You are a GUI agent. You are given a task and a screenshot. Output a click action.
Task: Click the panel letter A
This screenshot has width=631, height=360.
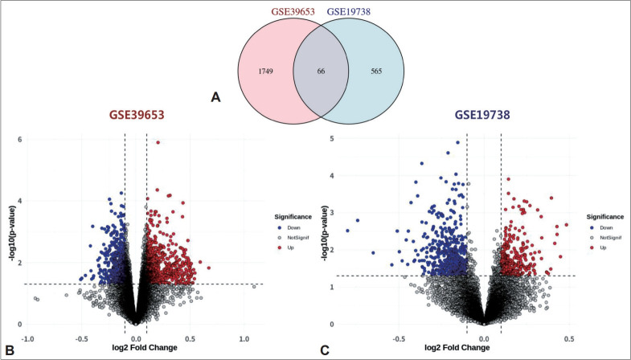coord(215,97)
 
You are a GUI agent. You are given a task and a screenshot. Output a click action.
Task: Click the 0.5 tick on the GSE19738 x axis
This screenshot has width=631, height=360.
coord(568,338)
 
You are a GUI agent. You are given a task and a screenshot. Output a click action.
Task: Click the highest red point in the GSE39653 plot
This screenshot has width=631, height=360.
coord(158,143)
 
